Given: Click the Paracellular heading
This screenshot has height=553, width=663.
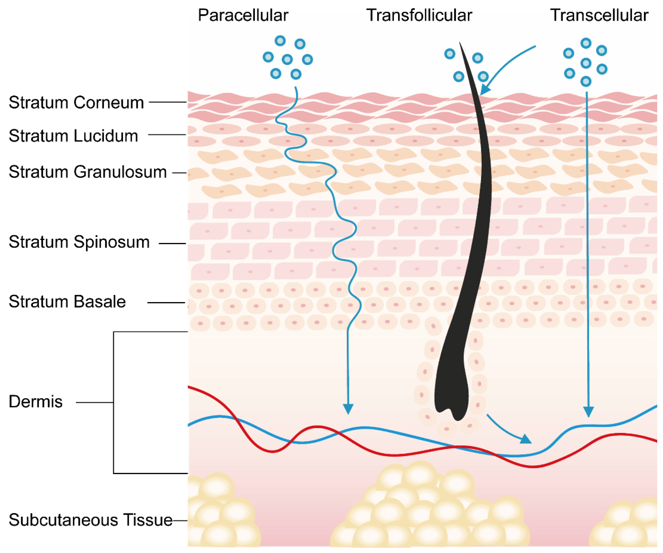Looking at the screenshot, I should (243, 15).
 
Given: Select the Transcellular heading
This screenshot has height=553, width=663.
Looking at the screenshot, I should (599, 15).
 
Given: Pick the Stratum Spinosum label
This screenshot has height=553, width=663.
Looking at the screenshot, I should (79, 242).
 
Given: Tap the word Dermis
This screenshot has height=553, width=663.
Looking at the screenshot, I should (35, 402).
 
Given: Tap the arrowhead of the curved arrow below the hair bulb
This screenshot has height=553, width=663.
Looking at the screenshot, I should (526, 439).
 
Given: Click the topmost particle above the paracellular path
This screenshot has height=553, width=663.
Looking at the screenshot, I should (280, 40).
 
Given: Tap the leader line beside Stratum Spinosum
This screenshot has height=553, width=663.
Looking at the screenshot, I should (172, 244).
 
